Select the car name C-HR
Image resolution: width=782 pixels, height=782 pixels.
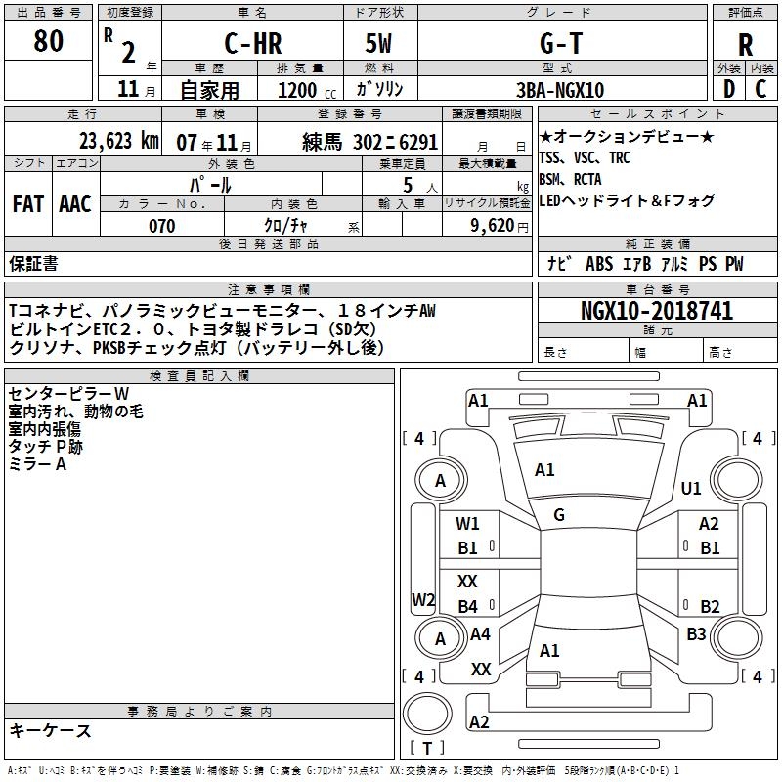click(252, 44)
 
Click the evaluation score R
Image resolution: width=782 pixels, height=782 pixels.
click(745, 44)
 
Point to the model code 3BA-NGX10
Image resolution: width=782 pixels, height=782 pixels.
click(559, 90)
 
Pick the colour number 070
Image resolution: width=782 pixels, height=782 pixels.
click(161, 226)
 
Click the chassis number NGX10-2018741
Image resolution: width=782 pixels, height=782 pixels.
click(656, 311)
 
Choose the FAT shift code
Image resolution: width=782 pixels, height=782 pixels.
click(27, 204)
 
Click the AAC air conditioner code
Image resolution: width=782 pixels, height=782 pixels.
click(74, 204)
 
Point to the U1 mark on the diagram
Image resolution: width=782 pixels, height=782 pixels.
click(691, 488)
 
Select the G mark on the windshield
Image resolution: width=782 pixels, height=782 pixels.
click(558, 515)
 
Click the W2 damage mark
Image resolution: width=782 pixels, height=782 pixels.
click(423, 599)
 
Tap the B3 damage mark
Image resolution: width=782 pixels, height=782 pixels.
click(695, 634)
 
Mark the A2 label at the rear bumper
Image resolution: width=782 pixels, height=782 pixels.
click(479, 721)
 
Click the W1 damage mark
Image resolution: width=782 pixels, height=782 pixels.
click(468, 524)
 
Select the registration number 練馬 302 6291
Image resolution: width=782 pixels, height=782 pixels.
click(370, 140)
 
